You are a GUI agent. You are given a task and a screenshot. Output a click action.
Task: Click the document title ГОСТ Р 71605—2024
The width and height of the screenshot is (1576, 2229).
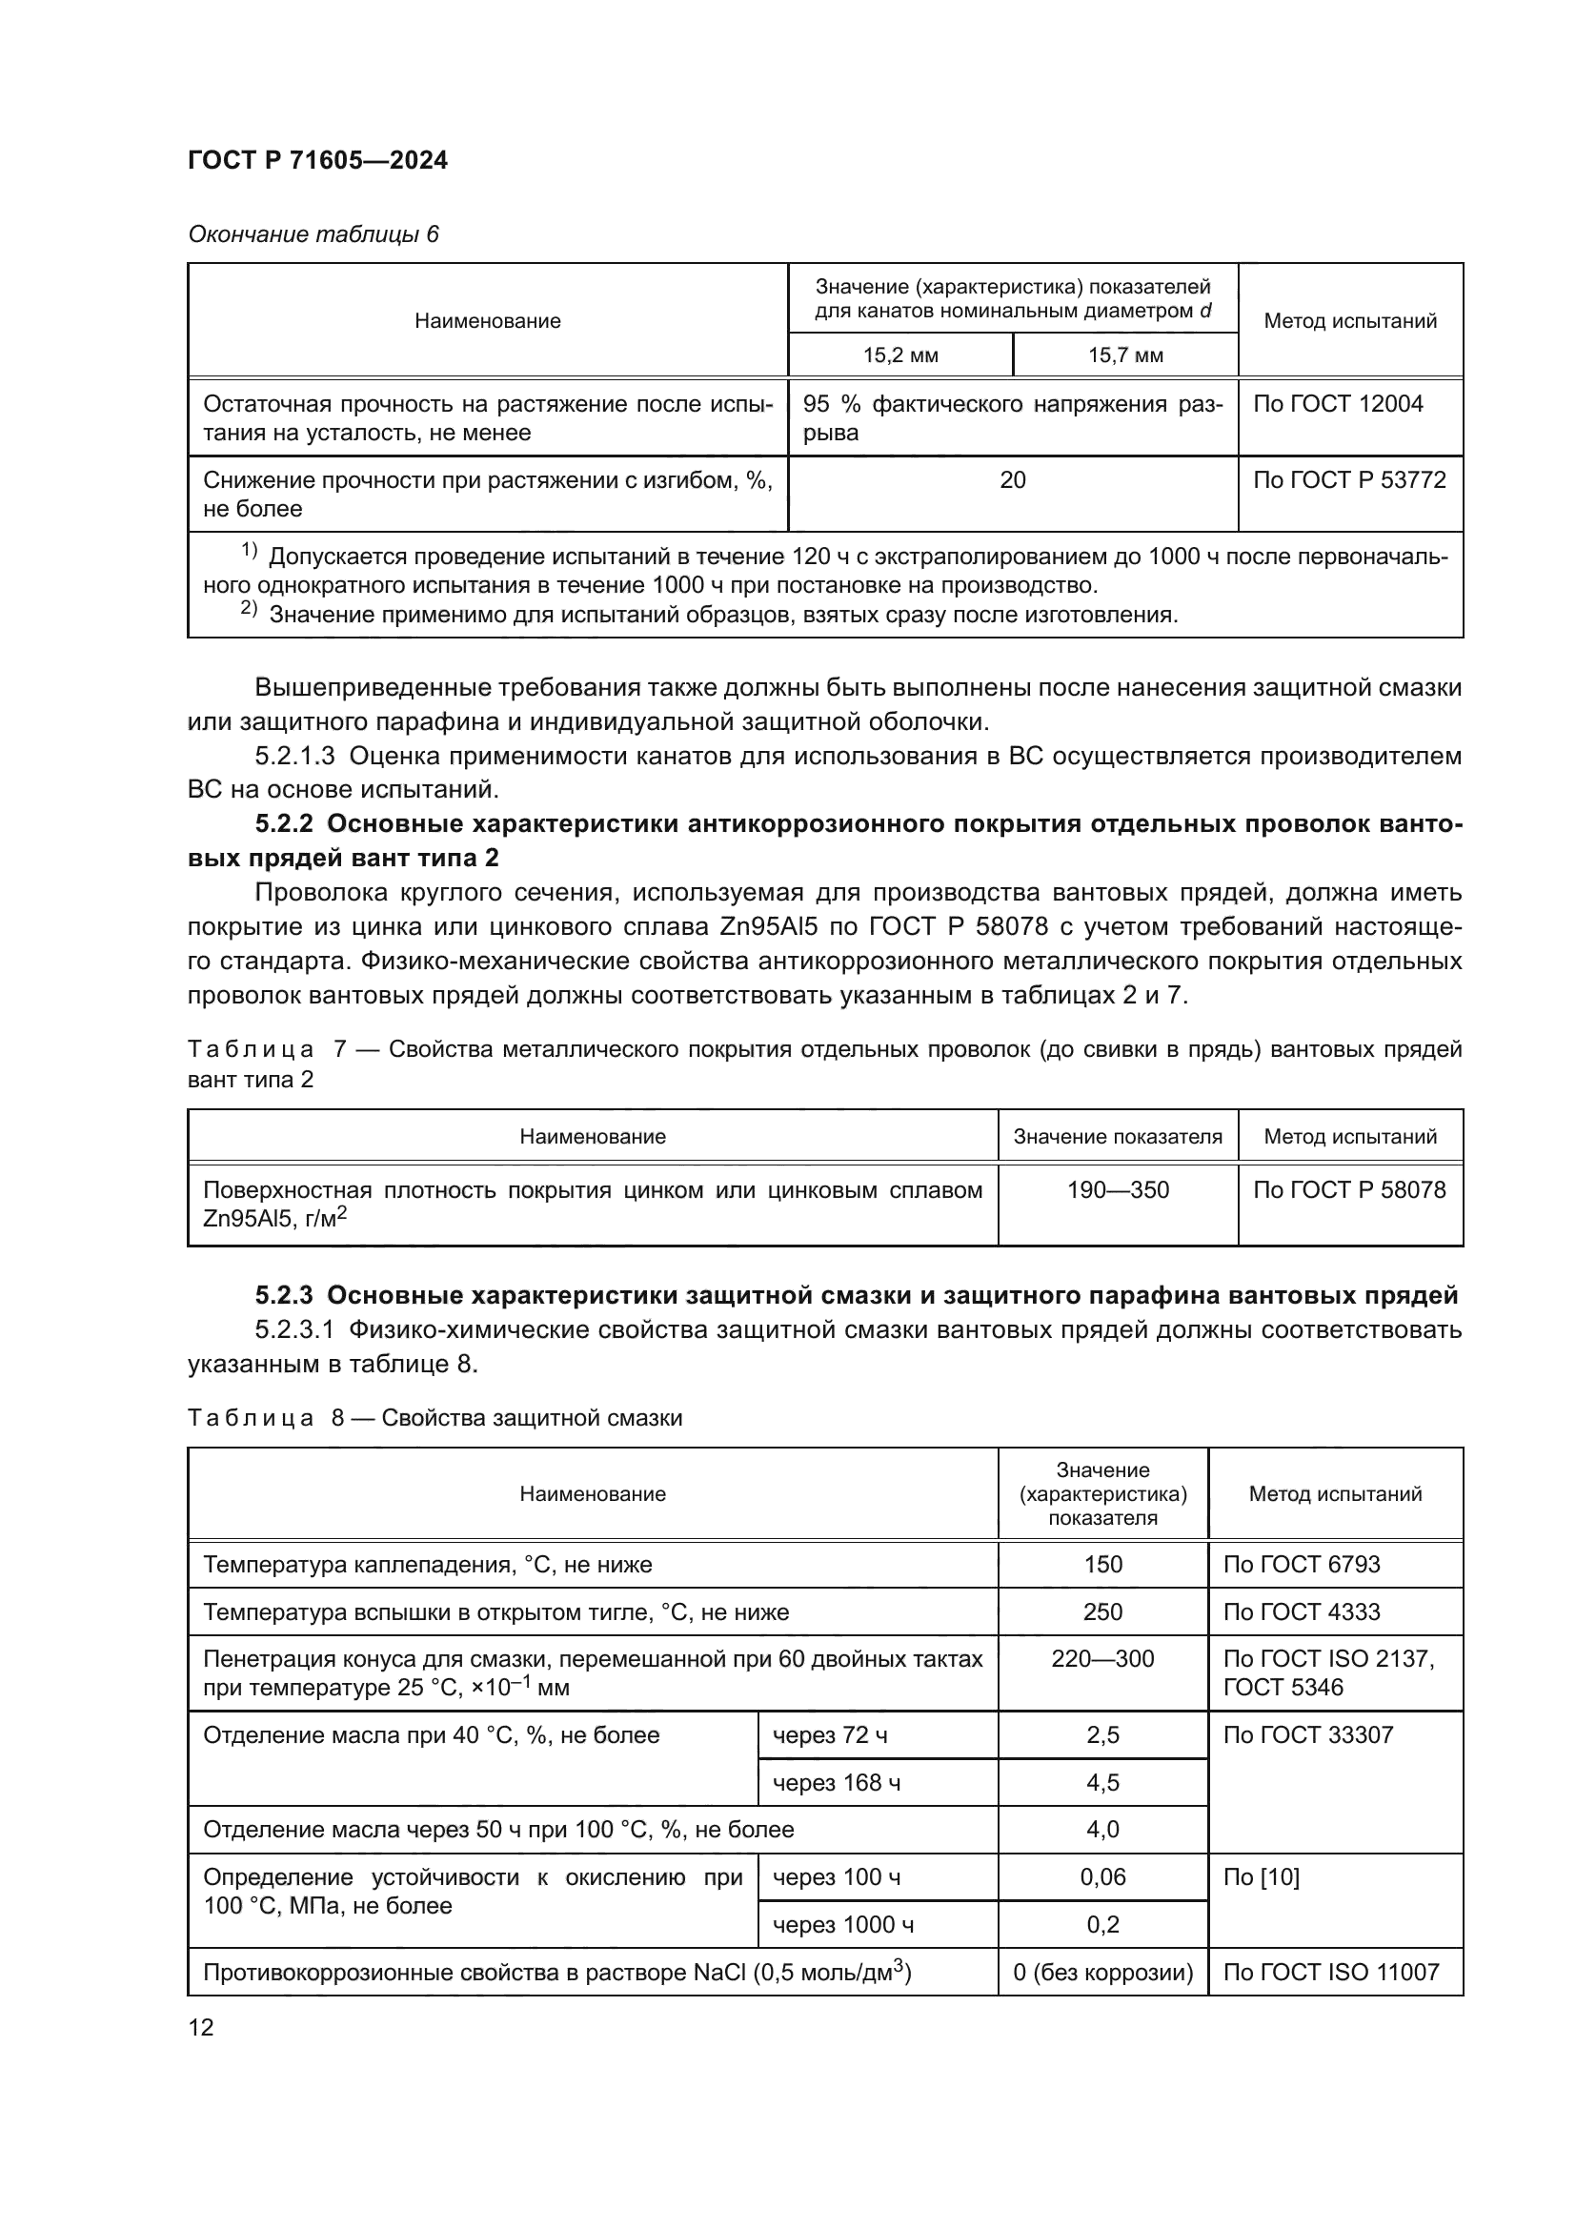(x=317, y=161)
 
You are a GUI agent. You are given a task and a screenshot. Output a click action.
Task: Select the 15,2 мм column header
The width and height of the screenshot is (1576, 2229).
(x=900, y=355)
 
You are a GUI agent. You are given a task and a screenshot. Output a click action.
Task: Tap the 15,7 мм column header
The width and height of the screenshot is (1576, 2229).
(x=1124, y=355)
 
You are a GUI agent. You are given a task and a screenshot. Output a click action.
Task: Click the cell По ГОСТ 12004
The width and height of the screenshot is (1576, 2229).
(x=1337, y=404)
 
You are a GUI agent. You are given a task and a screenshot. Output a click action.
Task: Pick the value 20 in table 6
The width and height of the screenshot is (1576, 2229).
(x=1012, y=480)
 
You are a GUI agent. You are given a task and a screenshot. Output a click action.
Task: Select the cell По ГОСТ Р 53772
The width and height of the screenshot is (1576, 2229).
(x=1349, y=480)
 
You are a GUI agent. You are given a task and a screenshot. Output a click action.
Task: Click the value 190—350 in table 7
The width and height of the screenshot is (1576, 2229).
(x=1118, y=1190)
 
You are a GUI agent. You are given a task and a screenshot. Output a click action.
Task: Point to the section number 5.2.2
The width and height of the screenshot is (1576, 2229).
(x=283, y=824)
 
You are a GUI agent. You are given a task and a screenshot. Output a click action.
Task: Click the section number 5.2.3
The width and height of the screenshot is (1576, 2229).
(x=283, y=1296)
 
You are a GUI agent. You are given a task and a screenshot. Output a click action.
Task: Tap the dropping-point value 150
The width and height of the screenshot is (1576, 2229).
(x=1102, y=1565)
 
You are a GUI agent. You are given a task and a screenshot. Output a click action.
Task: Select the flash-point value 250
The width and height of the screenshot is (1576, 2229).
(x=1102, y=1612)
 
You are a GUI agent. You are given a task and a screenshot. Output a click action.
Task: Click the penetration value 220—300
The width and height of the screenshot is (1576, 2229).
(x=1102, y=1659)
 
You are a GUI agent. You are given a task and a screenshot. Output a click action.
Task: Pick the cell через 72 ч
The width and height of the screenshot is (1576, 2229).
(x=830, y=1735)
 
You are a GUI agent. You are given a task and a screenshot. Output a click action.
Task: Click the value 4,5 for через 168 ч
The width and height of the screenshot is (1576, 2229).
(x=1102, y=1783)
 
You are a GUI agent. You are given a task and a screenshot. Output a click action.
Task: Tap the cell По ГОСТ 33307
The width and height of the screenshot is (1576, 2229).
(x=1307, y=1735)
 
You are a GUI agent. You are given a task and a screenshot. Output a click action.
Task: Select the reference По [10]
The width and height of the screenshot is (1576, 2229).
(x=1261, y=1877)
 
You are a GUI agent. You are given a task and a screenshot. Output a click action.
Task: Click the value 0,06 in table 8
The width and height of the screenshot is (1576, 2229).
(x=1102, y=1877)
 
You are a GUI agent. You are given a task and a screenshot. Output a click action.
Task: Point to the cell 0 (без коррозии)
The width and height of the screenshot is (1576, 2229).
(x=1102, y=1973)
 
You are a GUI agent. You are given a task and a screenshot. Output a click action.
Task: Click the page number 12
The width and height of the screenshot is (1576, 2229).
(x=201, y=2028)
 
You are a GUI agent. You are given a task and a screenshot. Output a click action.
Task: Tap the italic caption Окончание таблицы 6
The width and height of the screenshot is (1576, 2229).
(x=313, y=235)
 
